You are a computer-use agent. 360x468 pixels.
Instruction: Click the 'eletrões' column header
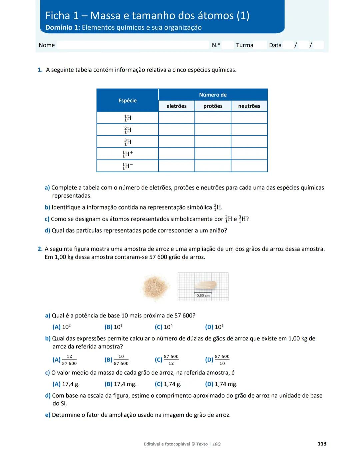pos(176,106)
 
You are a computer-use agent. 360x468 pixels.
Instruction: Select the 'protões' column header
pos(213,106)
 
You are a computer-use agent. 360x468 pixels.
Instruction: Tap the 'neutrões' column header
pos(249,106)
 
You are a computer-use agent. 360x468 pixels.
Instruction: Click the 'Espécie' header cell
pos(127,100)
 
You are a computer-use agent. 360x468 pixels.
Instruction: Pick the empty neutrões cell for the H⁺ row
pos(249,154)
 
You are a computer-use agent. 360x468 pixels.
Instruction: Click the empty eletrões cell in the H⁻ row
pos(176,166)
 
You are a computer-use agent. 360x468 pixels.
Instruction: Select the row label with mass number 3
pos(127,142)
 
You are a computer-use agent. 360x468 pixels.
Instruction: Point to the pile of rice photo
pos(155,287)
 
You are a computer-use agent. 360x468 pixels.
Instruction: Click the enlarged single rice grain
pos(205,285)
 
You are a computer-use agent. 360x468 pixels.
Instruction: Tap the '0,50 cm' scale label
pos(203,295)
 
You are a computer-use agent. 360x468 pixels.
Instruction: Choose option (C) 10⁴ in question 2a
pos(164,327)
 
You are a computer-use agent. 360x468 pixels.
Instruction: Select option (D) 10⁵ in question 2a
pos(215,327)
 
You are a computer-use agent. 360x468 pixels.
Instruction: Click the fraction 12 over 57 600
pos(69,360)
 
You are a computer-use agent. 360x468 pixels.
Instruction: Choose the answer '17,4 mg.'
pos(121,384)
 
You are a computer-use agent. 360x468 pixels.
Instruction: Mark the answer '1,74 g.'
pos(168,384)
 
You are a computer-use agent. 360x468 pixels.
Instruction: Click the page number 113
pos(322,444)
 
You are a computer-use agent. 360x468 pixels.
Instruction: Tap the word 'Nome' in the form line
pos(47,45)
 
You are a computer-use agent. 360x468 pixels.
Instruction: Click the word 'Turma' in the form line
pos(245,45)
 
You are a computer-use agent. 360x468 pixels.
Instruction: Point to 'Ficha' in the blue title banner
pos(58,16)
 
